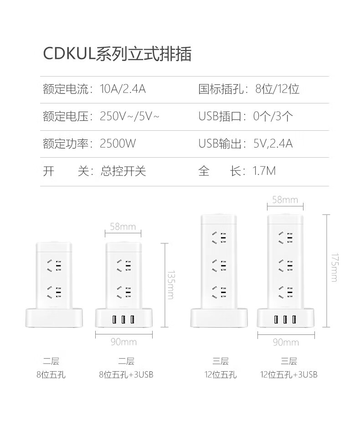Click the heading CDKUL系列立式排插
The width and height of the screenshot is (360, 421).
[117, 54]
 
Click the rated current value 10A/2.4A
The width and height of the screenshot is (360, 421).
[123, 89]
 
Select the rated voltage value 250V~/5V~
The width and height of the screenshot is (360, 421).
[129, 116]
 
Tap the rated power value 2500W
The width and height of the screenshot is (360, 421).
[118, 144]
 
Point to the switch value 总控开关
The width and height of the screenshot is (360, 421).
[123, 171]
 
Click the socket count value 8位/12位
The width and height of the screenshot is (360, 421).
[277, 89]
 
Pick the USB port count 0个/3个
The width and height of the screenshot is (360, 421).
[273, 116]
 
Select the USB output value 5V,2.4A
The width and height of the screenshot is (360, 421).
[273, 144]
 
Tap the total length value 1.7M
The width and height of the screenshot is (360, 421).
[264, 171]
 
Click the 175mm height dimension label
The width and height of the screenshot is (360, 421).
[334, 267]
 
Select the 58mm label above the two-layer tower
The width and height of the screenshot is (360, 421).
[123, 226]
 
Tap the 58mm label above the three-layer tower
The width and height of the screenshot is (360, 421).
[284, 200]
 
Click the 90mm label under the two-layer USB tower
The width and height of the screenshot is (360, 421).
[123, 342]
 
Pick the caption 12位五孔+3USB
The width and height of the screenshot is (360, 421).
[289, 375]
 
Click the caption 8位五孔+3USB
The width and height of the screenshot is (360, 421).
[126, 375]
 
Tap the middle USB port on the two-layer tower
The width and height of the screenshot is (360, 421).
[123, 319]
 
